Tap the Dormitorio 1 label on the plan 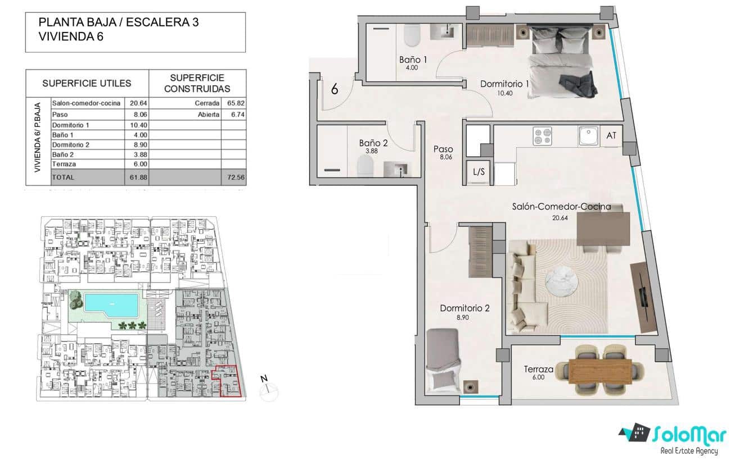tap(504, 84)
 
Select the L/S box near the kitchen tap(479, 172)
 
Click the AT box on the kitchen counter tap(611, 135)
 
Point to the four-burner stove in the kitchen tap(542, 136)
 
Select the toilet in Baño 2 tap(365, 166)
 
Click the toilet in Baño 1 tap(411, 37)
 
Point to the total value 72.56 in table tap(233, 177)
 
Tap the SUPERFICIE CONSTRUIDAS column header tap(197, 83)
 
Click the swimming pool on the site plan tap(111, 305)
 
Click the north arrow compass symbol tap(268, 388)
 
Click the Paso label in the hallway tap(443, 149)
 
